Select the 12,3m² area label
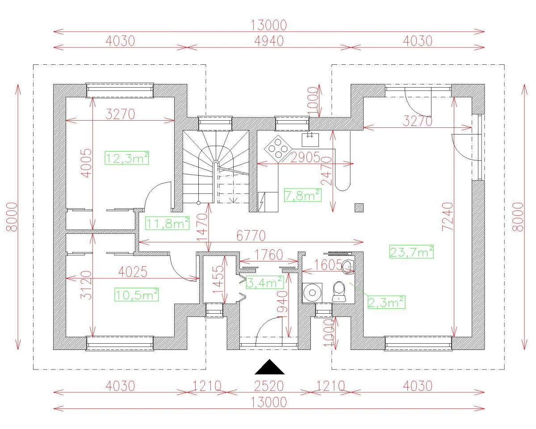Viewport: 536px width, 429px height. (x=127, y=158)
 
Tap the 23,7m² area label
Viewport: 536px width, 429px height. (x=412, y=252)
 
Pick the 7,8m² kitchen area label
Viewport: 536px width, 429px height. (x=302, y=195)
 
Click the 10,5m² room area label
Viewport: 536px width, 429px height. (x=137, y=294)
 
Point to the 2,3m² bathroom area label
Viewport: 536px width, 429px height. (x=386, y=302)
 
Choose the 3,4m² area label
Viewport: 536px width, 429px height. (x=264, y=282)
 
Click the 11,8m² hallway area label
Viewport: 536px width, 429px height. (x=168, y=223)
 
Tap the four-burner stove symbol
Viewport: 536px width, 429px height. (x=278, y=148)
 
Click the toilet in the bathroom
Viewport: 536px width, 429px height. (x=340, y=291)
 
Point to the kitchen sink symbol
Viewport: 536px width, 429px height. (x=310, y=139)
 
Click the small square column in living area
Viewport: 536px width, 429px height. (x=359, y=207)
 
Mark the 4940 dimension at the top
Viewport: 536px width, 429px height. (x=269, y=41)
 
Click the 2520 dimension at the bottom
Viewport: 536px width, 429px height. (x=269, y=386)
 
